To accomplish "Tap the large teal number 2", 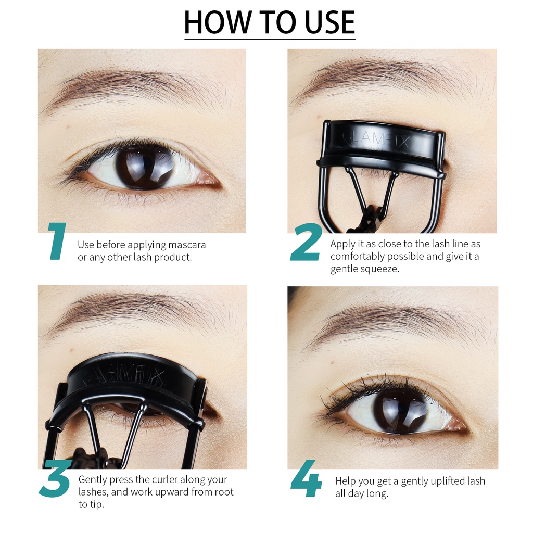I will pos(306,243).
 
